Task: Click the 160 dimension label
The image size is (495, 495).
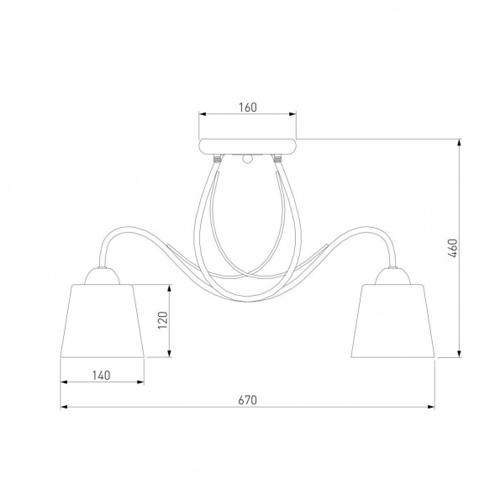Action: coord(248,108)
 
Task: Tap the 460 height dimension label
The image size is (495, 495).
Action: coord(453,248)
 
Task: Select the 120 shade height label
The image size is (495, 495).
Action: coord(163,320)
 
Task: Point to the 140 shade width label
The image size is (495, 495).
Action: coord(102,376)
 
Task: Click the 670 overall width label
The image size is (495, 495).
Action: coord(248,400)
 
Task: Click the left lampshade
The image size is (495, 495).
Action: coord(103,321)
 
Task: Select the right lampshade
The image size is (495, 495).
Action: coord(393,321)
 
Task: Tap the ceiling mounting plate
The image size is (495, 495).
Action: coord(248,146)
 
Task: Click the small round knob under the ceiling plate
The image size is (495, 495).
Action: coord(248,160)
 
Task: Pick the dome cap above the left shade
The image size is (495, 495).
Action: coord(103,276)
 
